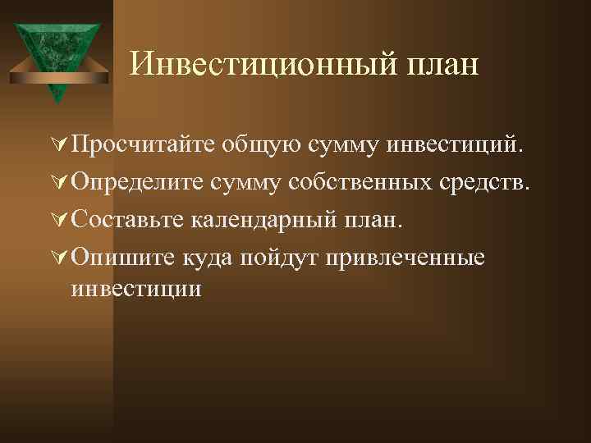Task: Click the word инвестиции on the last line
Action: click(136, 289)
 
